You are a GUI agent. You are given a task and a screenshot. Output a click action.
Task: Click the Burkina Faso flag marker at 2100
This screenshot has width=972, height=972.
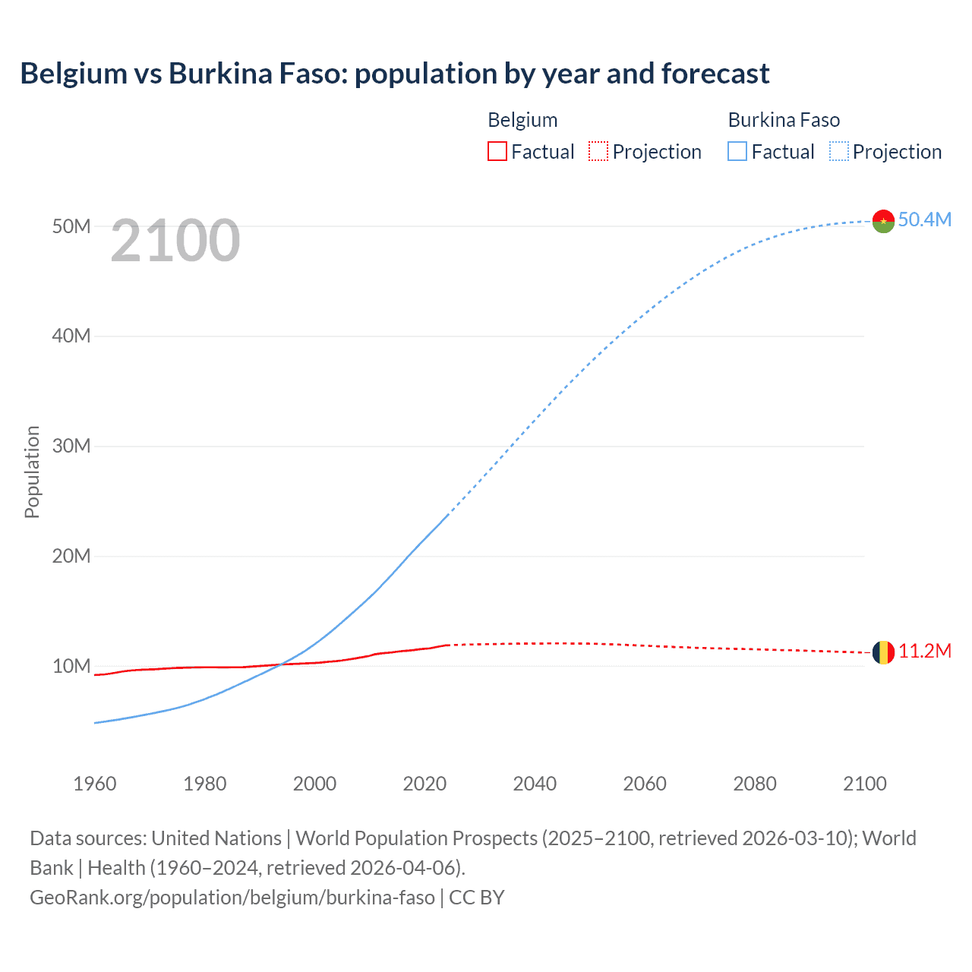883,221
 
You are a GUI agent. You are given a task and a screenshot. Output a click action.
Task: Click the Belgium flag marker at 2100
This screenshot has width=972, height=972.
883,652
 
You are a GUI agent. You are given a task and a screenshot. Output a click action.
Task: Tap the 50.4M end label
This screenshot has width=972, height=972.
924,219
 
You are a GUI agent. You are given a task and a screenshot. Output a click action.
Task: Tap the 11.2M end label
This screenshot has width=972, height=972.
924,651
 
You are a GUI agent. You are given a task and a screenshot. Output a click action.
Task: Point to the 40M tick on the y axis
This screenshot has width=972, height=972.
71,336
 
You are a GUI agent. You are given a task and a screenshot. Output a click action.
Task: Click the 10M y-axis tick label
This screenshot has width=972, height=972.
71,666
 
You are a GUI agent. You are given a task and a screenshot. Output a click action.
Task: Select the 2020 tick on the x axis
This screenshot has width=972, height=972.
424,784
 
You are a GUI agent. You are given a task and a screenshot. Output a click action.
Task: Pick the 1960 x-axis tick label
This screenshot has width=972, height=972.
95,784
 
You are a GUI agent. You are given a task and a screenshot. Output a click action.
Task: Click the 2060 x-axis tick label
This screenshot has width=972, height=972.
645,784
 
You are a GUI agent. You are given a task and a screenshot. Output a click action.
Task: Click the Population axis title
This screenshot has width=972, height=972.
32,472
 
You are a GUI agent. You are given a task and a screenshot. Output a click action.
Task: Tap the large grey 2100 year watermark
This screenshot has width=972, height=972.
175,241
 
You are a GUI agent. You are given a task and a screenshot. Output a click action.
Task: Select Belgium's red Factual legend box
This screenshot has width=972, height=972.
497,151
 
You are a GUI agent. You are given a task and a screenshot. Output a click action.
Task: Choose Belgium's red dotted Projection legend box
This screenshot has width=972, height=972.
598,151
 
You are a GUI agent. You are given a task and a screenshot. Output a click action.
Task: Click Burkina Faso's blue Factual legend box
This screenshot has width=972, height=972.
737,151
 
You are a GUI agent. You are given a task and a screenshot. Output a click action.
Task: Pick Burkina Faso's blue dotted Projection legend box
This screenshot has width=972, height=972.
839,151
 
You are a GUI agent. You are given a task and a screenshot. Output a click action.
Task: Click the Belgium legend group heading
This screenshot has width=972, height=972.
522,120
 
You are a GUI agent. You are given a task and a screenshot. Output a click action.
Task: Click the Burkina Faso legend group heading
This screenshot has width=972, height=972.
784,120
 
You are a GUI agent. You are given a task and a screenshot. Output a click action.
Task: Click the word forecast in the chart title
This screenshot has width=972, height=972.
715,74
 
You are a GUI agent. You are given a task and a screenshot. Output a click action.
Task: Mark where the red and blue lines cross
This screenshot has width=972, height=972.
280,664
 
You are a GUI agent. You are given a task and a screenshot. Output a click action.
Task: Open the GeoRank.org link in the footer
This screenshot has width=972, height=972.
232,897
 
